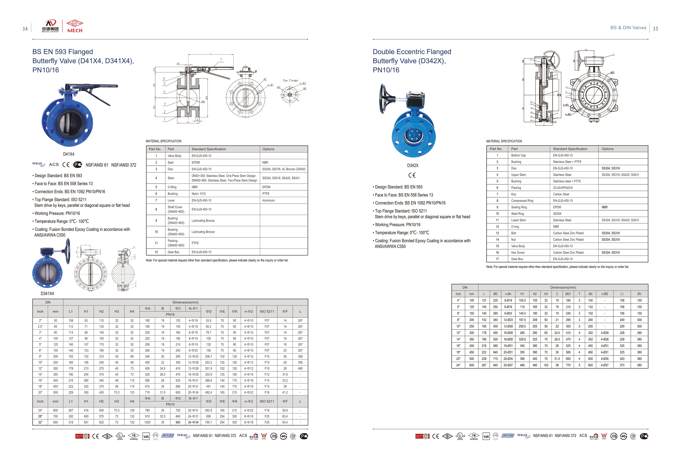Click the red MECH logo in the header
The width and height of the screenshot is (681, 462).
(x=75, y=26)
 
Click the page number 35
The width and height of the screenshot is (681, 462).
(x=655, y=29)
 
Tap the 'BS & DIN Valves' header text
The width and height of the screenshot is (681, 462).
(x=628, y=28)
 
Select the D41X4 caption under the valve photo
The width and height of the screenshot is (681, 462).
(x=69, y=154)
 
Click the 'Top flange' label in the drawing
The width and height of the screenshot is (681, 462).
(x=290, y=80)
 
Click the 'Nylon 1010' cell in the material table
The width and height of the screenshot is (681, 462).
(x=199, y=194)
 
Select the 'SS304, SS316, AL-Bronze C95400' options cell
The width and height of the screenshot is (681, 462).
(x=283, y=169)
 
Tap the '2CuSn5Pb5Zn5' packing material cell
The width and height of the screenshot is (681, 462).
(x=563, y=188)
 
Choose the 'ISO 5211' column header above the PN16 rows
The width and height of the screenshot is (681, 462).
(x=267, y=311)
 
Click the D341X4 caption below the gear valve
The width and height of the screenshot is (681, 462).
(x=47, y=293)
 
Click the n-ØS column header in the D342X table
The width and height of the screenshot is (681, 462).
(x=604, y=294)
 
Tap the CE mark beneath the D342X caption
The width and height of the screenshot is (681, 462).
(x=412, y=175)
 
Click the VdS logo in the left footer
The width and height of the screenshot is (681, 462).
(x=146, y=436)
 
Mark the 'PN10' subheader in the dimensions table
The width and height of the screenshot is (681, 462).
(x=170, y=404)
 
